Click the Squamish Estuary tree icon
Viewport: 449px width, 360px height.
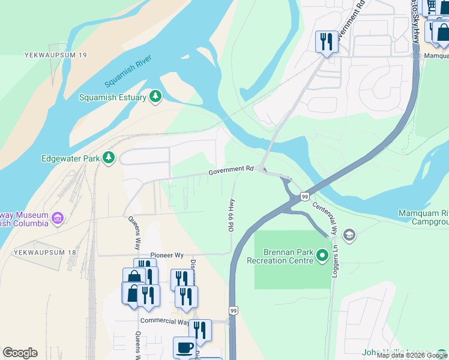155,97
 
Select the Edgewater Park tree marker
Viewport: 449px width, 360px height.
108,158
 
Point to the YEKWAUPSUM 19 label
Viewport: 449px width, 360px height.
56,55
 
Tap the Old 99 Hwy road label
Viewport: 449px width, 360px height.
230,214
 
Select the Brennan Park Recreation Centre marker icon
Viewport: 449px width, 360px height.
322,257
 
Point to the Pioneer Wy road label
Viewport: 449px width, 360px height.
167,255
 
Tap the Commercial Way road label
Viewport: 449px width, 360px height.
164,321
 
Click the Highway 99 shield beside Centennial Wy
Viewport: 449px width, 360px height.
305,196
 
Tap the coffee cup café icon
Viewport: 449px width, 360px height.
184,347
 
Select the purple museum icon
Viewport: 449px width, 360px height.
58,218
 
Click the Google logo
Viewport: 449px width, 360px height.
20,353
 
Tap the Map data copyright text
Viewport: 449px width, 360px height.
412,356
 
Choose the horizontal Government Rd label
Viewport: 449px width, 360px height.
232,171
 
